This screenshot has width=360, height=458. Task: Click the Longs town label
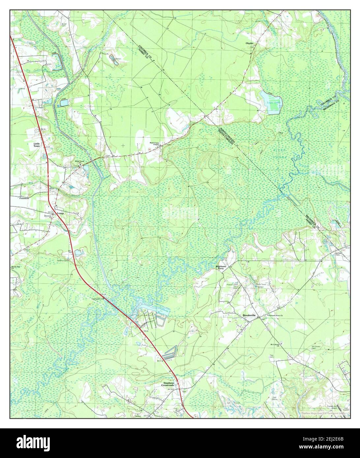60,213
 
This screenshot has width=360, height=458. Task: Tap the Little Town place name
36,145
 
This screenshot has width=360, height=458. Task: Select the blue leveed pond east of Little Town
63,103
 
